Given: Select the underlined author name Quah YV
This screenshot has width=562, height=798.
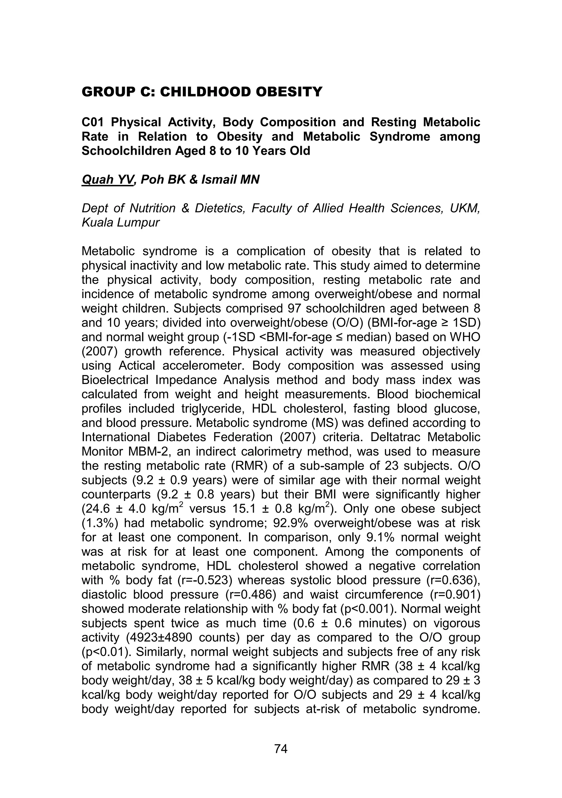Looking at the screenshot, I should click(107, 180).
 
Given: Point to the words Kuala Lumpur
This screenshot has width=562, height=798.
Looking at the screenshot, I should click(120, 222).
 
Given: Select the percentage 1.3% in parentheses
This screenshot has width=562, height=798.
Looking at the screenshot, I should click(99, 523).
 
